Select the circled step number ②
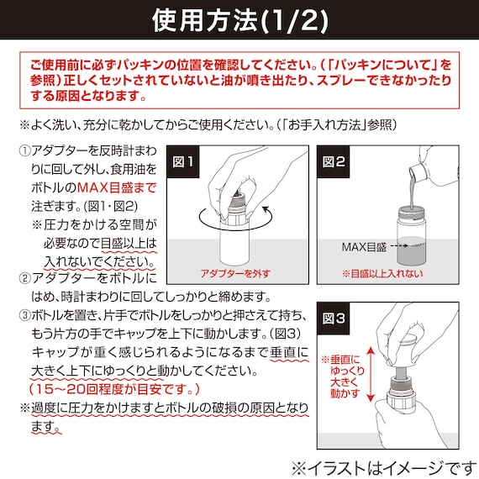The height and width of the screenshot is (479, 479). [x=24, y=278]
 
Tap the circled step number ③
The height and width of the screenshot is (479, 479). [x=24, y=316]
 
